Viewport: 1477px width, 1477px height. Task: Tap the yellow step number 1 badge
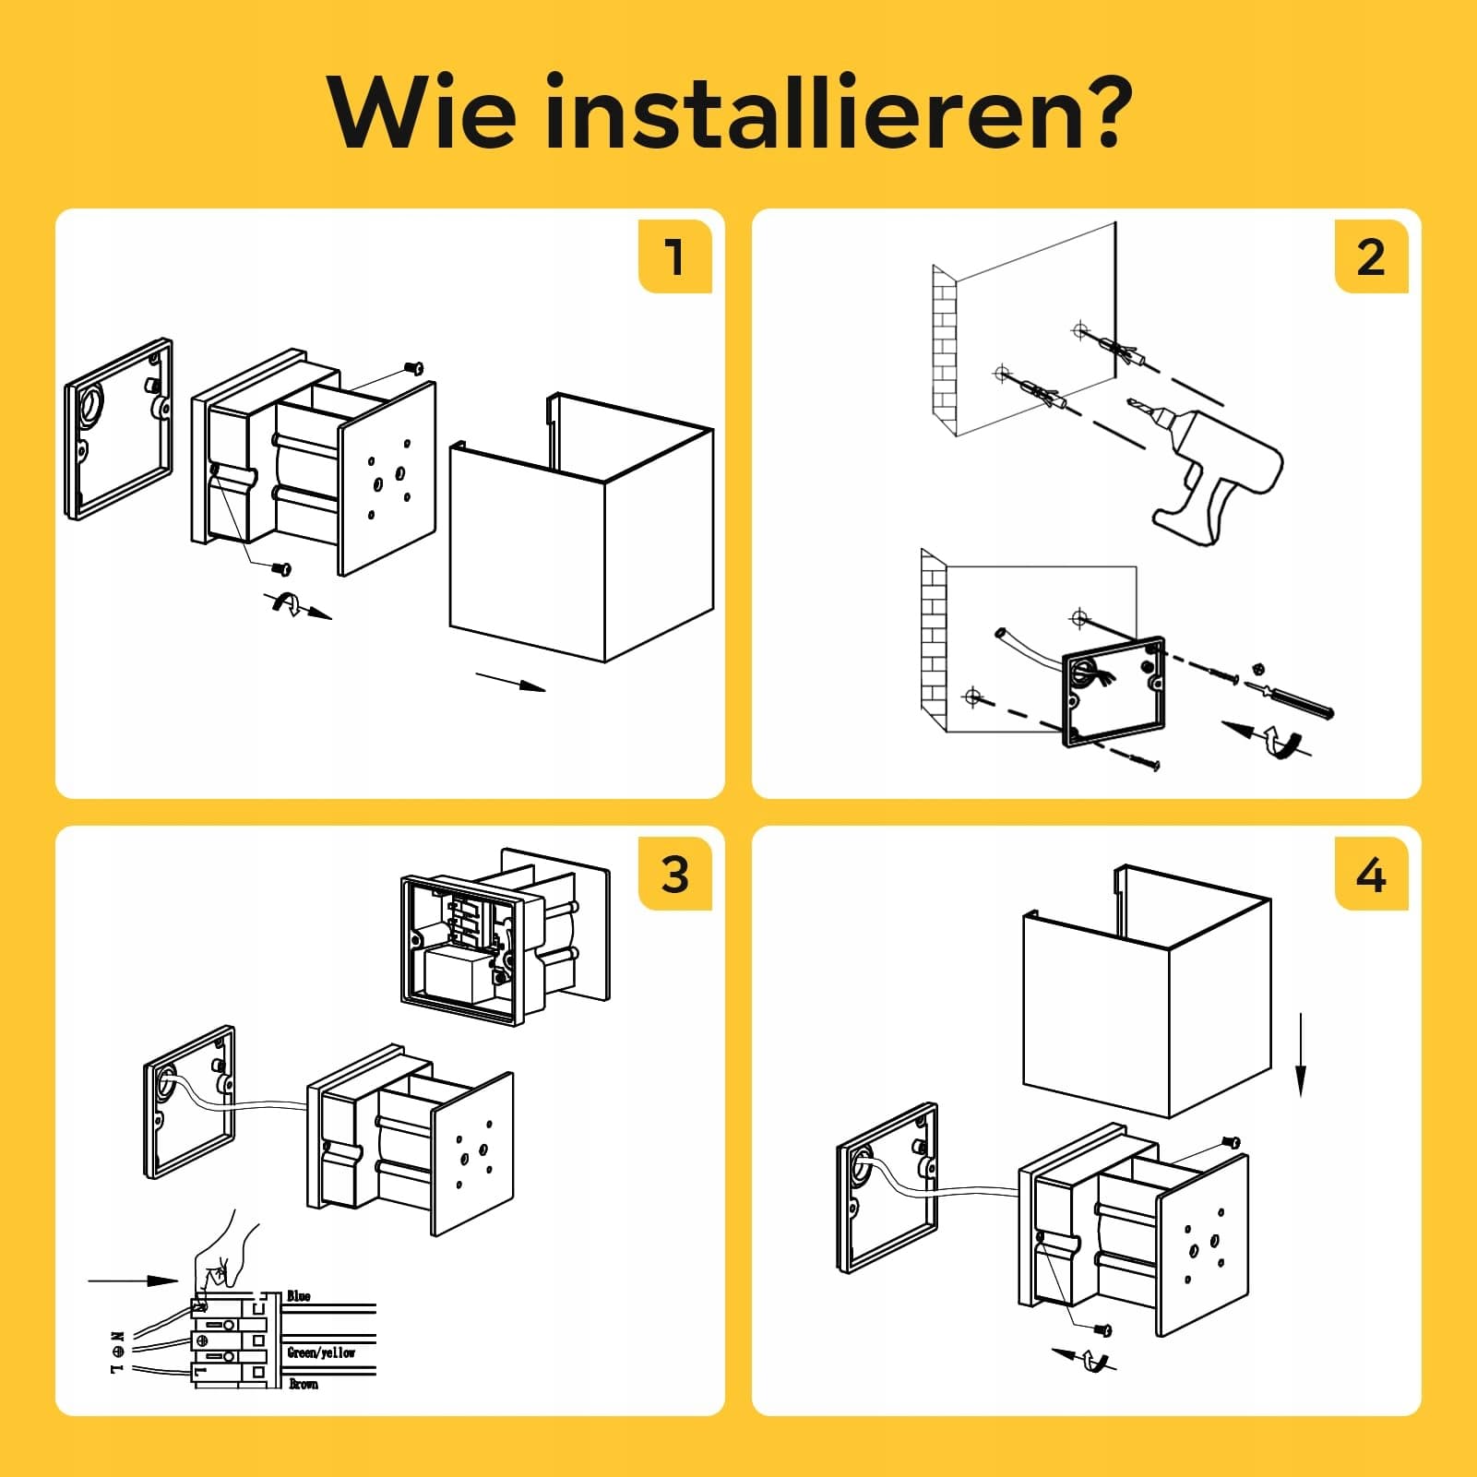pos(674,256)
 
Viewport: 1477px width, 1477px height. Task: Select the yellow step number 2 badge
pos(1371,256)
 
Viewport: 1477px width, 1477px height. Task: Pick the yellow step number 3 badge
pos(674,873)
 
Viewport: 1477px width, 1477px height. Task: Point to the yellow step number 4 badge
pos(1371,873)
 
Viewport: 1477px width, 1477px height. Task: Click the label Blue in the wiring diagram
pos(299,1295)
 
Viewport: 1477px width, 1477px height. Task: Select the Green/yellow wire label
pos(321,1352)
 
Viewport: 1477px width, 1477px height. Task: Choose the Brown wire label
pos(304,1384)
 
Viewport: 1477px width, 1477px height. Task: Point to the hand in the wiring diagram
pos(226,1254)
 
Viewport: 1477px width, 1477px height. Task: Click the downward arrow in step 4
pos(1301,1054)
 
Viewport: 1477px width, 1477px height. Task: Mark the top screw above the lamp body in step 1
pos(415,368)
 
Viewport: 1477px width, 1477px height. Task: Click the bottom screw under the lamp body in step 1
pos(282,568)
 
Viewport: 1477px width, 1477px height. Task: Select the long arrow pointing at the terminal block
pos(133,1280)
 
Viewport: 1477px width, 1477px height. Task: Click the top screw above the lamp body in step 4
pos(1232,1143)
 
